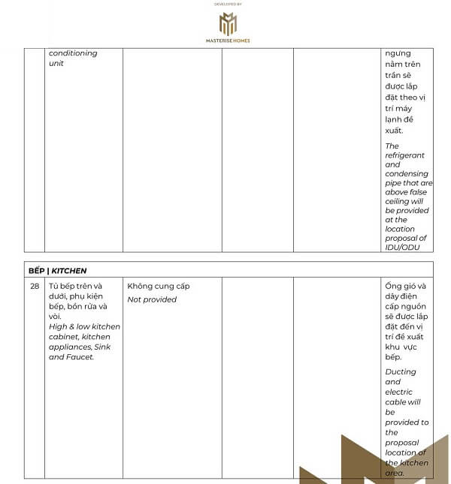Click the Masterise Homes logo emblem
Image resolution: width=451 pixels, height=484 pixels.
(x=228, y=23)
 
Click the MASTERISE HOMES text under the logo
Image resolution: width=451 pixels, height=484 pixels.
(x=228, y=41)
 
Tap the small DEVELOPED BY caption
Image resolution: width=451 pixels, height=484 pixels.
(x=228, y=4)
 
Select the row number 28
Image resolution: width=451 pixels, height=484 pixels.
(x=35, y=286)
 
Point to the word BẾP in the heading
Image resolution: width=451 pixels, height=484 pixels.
(x=36, y=270)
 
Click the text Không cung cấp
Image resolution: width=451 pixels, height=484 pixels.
(x=159, y=286)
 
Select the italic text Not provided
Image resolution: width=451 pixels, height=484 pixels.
(x=152, y=299)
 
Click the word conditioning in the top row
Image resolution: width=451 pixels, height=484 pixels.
(x=73, y=53)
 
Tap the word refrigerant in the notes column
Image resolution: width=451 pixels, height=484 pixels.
(x=404, y=155)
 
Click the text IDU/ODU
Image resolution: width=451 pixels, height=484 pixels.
(x=403, y=247)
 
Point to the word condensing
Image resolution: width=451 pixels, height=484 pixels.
(x=406, y=174)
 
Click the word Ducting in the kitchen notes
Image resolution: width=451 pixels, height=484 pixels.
(x=401, y=371)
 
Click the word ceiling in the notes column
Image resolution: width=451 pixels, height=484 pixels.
(x=397, y=201)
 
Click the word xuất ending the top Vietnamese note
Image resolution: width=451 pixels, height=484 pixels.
(x=395, y=130)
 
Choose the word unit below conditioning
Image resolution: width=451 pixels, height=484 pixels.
(x=56, y=64)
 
